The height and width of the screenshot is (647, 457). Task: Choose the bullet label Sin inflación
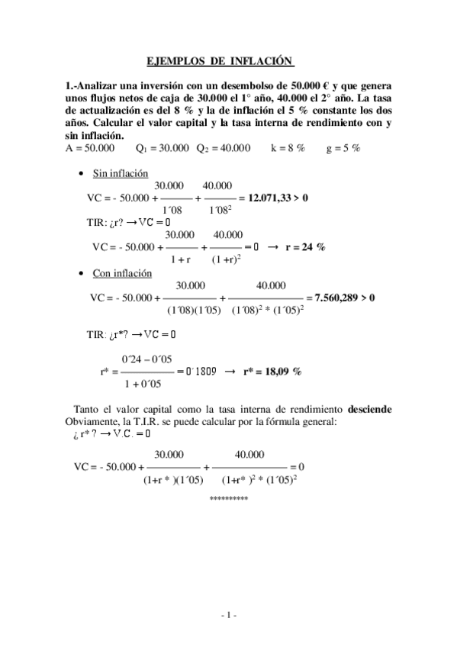(x=120, y=173)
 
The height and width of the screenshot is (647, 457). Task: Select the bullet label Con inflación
(x=122, y=273)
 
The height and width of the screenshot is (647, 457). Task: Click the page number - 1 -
(x=229, y=615)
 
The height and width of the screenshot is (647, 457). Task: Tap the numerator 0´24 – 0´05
(x=147, y=359)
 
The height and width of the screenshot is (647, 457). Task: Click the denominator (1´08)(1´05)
(x=194, y=310)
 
